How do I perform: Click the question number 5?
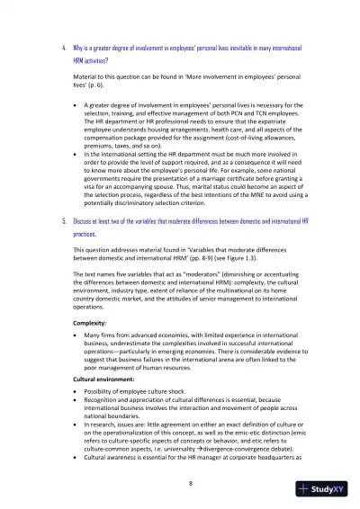(x=51, y=219)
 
